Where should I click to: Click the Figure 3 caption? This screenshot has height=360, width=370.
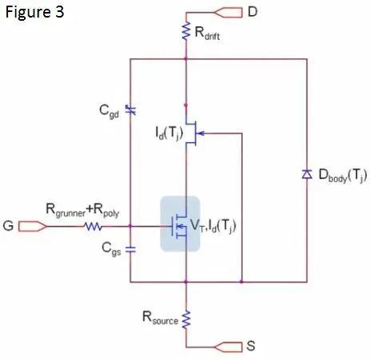tap(34, 12)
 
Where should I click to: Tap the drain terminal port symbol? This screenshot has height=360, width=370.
tap(228, 13)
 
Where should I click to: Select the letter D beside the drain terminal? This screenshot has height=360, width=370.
tap(253, 12)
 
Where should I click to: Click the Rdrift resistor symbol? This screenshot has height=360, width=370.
tap(186, 31)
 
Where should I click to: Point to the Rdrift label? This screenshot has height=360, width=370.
tap(207, 33)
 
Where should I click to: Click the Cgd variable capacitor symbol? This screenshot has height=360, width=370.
tap(130, 110)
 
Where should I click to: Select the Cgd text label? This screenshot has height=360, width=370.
tap(109, 112)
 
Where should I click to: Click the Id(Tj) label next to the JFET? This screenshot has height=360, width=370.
tap(169, 133)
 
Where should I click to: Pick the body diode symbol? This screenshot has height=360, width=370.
tap(307, 174)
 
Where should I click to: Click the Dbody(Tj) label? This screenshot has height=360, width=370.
tap(343, 176)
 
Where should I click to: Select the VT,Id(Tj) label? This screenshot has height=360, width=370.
tap(213, 227)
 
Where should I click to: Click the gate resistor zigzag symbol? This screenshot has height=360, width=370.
tap(93, 227)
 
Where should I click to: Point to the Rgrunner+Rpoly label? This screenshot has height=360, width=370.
tap(82, 210)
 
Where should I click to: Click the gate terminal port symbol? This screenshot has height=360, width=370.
tap(33, 227)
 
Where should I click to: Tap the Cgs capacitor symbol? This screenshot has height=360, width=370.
tap(130, 249)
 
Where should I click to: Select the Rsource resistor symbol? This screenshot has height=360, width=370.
tap(186, 318)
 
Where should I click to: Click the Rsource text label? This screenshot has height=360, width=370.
tap(161, 318)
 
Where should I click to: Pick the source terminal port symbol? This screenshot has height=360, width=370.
tap(228, 347)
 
